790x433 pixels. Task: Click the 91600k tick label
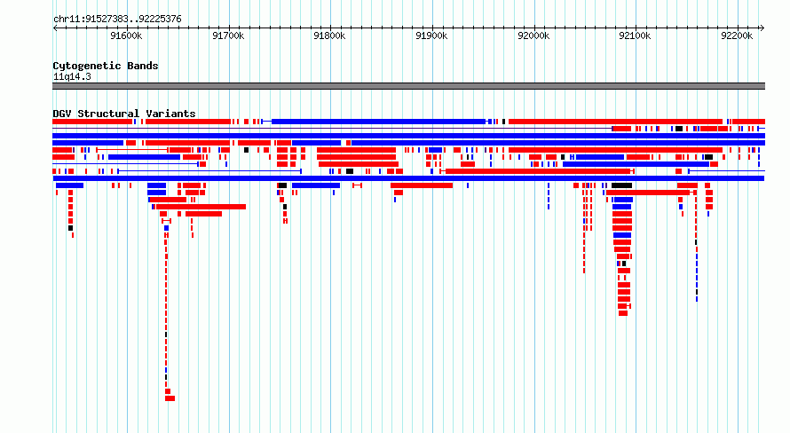(x=126, y=35)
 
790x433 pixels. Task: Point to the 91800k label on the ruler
(x=329, y=35)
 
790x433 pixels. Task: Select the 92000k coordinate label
(x=533, y=35)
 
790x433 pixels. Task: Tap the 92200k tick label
(x=737, y=35)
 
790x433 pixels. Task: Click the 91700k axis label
(x=228, y=35)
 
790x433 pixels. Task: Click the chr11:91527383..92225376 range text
(x=117, y=20)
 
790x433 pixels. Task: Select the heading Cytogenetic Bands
(x=106, y=66)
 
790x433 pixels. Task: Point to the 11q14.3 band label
(x=72, y=76)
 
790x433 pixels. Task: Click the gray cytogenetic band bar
(x=408, y=86)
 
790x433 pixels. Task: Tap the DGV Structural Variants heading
(x=124, y=114)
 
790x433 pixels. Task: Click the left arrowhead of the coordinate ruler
(x=54, y=28)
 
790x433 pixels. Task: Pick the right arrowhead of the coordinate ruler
(x=762, y=28)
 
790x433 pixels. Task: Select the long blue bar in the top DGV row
(x=378, y=122)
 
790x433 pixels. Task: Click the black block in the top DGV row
(x=503, y=122)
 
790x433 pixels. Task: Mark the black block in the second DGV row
(x=679, y=129)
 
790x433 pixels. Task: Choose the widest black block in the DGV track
(x=621, y=185)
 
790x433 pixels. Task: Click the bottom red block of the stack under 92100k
(x=623, y=313)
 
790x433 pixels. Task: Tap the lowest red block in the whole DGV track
(x=170, y=398)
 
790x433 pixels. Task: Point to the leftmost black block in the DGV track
(x=70, y=228)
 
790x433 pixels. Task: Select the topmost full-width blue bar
(x=408, y=136)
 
